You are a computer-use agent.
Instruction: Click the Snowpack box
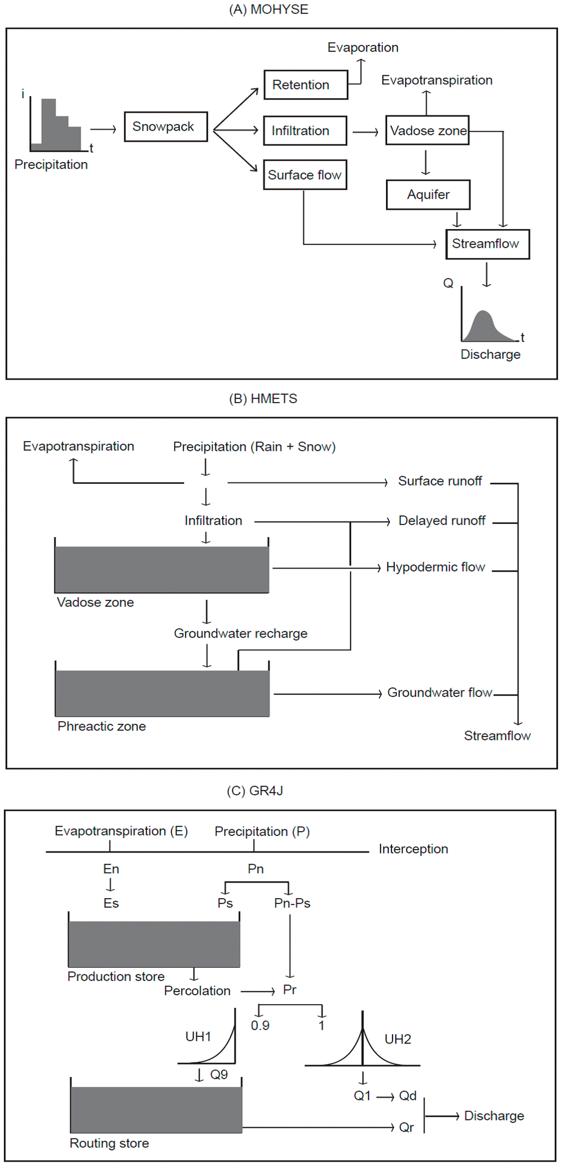click(x=165, y=127)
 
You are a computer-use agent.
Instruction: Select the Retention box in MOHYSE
click(x=305, y=85)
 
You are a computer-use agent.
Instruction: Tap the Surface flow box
click(x=305, y=175)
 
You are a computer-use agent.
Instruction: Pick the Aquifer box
click(x=428, y=195)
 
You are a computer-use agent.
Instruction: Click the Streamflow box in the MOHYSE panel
click(x=487, y=244)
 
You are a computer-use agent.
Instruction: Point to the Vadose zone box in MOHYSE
click(x=427, y=131)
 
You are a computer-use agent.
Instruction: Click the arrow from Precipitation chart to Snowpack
click(x=103, y=130)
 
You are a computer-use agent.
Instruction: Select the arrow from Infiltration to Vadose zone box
click(x=366, y=132)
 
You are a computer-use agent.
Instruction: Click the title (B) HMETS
click(x=263, y=399)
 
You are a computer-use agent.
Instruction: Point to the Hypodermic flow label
click(x=435, y=567)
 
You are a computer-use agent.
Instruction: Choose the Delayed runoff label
click(x=441, y=521)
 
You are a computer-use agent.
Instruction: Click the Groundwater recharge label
click(x=240, y=634)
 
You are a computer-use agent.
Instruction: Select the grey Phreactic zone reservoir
click(x=162, y=693)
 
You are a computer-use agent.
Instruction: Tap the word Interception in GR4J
click(x=413, y=849)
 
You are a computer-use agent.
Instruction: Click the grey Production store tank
click(x=154, y=944)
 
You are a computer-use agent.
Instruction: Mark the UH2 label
click(x=398, y=1039)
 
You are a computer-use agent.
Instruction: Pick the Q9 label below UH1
click(x=219, y=1075)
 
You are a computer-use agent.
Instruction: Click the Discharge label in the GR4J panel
click(x=494, y=1116)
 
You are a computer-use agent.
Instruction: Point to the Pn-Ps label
click(x=292, y=904)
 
